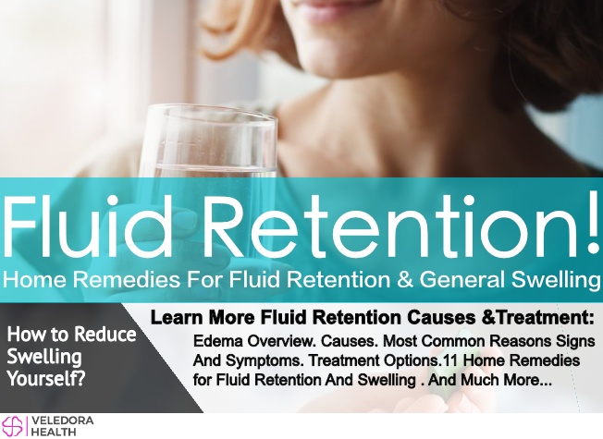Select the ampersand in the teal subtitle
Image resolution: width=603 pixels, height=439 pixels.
pyautogui.click(x=404, y=279)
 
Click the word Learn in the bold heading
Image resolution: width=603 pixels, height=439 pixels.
pyautogui.click(x=178, y=318)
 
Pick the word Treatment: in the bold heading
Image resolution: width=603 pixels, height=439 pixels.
pyautogui.click(x=541, y=318)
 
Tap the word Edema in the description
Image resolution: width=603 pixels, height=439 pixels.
pyautogui.click(x=218, y=341)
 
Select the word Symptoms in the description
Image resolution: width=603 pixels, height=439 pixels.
pyautogui.click(x=265, y=361)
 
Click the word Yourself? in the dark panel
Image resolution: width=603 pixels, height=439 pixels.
pyautogui.click(x=46, y=379)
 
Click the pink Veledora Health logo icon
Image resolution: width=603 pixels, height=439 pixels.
pyautogui.click(x=12, y=425)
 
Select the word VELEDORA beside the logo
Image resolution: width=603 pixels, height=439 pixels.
pyautogui.click(x=62, y=421)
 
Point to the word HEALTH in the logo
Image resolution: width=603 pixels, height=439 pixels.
pyautogui.click(x=54, y=432)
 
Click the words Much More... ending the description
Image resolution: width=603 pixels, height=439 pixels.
pyautogui.click(x=506, y=380)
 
